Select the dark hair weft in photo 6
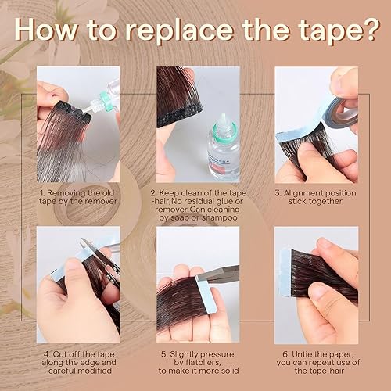pos(332,274)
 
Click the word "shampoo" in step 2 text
pos(213,217)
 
